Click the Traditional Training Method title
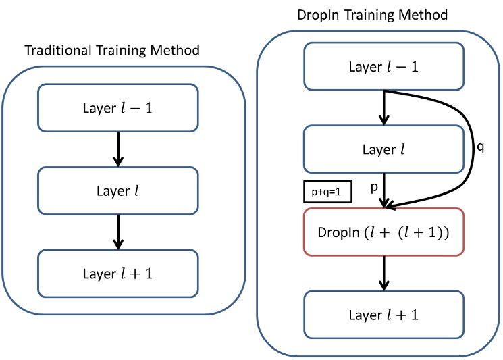112,50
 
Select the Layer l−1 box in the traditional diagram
118,107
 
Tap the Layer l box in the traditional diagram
118,191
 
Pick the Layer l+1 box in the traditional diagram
118,274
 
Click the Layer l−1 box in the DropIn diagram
383,66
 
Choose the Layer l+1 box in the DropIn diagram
383,315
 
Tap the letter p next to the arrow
373,190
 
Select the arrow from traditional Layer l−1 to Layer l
118,149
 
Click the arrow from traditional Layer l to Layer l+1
118,232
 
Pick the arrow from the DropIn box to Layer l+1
384,274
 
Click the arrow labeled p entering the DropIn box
384,192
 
